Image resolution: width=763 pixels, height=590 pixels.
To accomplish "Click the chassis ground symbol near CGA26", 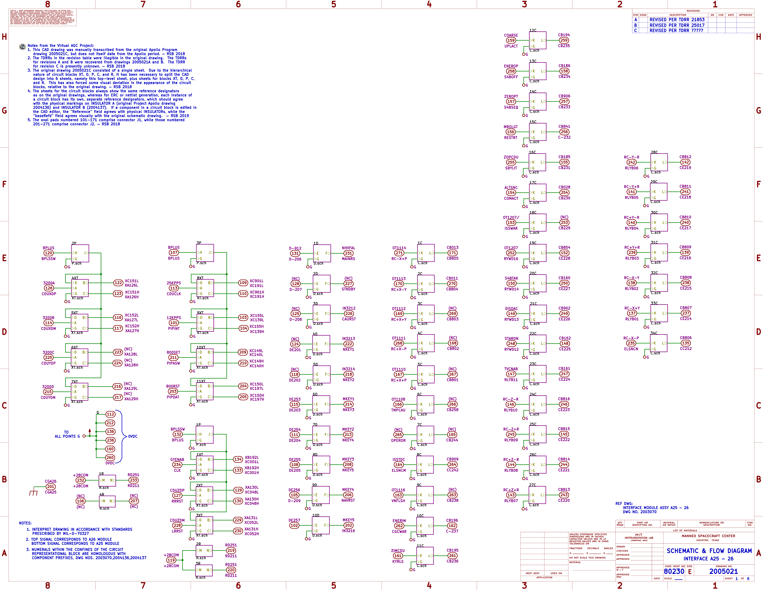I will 34,492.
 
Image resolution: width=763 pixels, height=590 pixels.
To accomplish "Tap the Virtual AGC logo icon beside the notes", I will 22,47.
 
